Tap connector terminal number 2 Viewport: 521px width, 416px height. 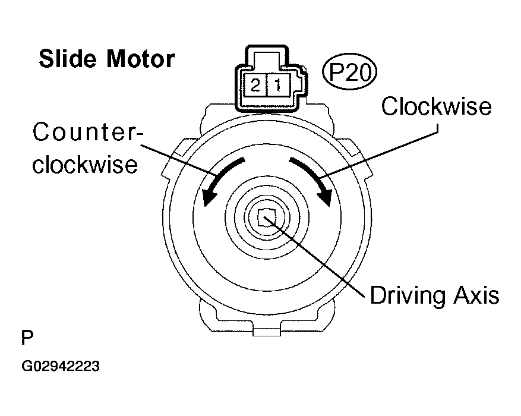(x=255, y=86)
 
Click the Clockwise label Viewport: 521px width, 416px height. (x=437, y=106)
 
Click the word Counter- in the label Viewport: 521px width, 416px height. (x=87, y=132)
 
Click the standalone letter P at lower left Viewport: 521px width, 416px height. (x=27, y=339)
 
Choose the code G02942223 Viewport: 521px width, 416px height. (x=60, y=366)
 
